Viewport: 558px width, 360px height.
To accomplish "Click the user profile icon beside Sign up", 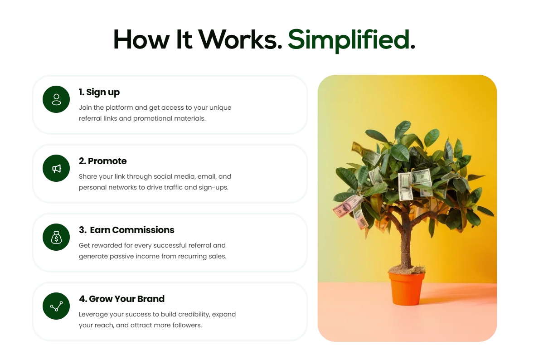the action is [56, 99].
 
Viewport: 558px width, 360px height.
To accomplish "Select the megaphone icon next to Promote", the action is [56, 168].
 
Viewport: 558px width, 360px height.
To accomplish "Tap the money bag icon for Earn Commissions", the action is [56, 237].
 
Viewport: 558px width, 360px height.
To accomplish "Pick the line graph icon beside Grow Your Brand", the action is [56, 306].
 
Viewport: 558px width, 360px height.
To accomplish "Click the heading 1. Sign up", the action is [99, 92].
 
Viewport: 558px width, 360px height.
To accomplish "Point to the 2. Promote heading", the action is [102, 161].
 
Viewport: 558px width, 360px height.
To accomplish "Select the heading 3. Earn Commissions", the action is [126, 230].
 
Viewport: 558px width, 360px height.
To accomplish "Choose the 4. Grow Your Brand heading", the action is [121, 299].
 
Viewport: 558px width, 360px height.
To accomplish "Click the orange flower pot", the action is [406, 288].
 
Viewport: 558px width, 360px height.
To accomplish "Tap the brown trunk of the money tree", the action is [405, 239].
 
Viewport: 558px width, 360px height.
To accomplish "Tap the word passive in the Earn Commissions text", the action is [121, 257].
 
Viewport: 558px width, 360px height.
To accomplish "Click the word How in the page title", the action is [141, 40].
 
